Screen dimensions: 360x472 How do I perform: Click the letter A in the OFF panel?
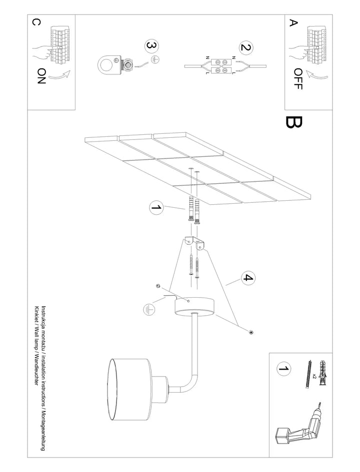(x=293, y=23)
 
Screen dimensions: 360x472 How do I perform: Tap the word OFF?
(x=298, y=79)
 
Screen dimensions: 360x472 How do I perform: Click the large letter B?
(x=294, y=122)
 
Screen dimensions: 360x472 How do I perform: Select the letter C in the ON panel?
(x=36, y=22)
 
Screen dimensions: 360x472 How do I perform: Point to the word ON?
(x=41, y=76)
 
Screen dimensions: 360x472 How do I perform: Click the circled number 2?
(x=246, y=48)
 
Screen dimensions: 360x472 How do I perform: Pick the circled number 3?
(x=152, y=46)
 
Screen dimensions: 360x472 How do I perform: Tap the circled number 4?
(x=248, y=278)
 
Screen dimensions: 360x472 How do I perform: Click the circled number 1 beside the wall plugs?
(x=156, y=208)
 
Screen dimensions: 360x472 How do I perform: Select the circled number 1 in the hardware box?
(x=283, y=369)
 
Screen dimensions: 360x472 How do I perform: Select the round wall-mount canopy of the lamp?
(x=195, y=307)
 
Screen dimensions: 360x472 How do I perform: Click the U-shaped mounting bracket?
(x=194, y=243)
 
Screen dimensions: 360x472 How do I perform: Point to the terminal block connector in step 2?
(x=221, y=66)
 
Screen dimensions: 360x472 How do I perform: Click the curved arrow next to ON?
(x=59, y=76)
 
